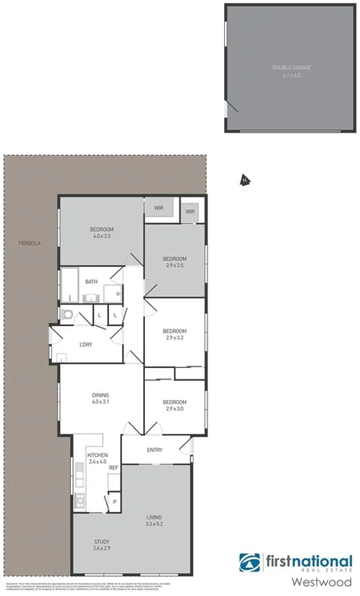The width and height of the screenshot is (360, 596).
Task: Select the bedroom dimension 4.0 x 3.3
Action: [101, 236]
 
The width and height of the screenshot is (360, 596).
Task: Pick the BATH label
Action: [91, 282]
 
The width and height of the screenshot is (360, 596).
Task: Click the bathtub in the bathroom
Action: [70, 286]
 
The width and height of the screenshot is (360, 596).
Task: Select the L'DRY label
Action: [86, 344]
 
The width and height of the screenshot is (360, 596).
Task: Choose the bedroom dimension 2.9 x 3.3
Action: [175, 338]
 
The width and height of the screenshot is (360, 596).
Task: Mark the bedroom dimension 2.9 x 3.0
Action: [175, 408]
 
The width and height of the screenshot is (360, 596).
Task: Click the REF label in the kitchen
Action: [114, 468]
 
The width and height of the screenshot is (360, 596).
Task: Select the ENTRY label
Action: [155, 449]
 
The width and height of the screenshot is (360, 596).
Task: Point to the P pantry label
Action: [115, 501]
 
